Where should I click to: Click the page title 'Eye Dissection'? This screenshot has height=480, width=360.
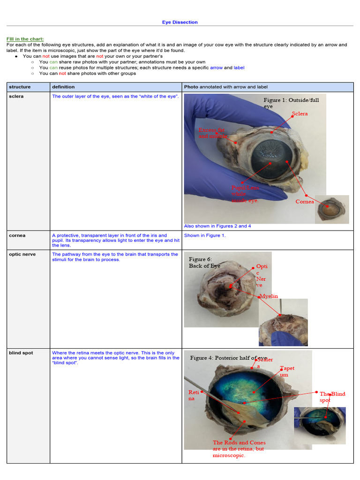pyautogui.click(x=180, y=22)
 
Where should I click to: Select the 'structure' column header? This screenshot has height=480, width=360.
pyautogui.click(x=20, y=87)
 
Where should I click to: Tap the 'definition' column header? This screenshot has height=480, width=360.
pyautogui.click(x=63, y=87)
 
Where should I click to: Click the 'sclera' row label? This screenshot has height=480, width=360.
pyautogui.click(x=16, y=96)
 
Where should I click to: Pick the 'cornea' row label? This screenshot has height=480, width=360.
pyautogui.click(x=17, y=235)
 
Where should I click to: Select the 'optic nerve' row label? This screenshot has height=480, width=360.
pyautogui.click(x=22, y=254)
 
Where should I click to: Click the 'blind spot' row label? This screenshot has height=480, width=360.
pyautogui.click(x=21, y=352)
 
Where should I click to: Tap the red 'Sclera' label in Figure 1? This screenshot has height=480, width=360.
pyautogui.click(x=300, y=114)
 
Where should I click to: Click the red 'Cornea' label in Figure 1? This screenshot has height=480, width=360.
pyautogui.click(x=305, y=202)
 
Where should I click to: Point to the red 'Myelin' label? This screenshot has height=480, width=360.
pyautogui.click(x=269, y=296)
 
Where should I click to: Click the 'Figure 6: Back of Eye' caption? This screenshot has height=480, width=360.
pyautogui.click(x=204, y=262)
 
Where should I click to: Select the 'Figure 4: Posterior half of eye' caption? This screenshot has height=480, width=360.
pyautogui.click(x=228, y=358)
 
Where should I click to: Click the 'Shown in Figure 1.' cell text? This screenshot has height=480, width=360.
pyautogui.click(x=205, y=235)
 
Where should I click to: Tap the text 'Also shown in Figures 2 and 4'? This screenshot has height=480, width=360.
pyautogui.click(x=217, y=226)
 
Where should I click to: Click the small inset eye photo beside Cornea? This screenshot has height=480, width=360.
pyautogui.click(x=332, y=209)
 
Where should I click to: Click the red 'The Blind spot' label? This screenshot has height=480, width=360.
pyautogui.click(x=332, y=397)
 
